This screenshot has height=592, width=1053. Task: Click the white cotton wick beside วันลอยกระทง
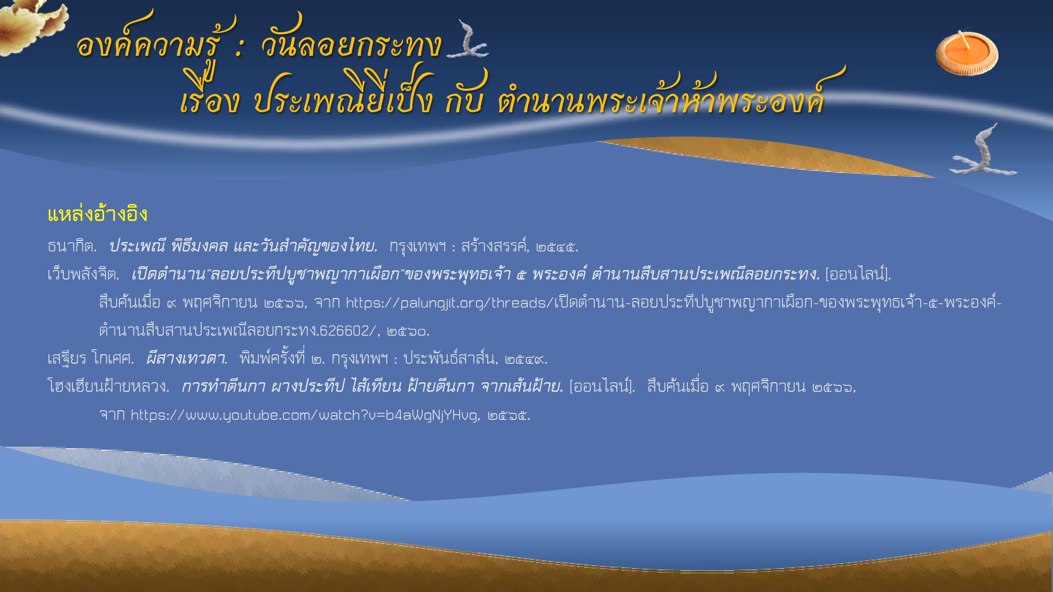[x=468, y=43]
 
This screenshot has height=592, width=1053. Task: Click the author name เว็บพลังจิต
[x=83, y=275]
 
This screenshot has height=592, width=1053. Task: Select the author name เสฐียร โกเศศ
[x=90, y=359]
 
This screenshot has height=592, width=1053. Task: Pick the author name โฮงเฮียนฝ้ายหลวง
[x=108, y=387]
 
